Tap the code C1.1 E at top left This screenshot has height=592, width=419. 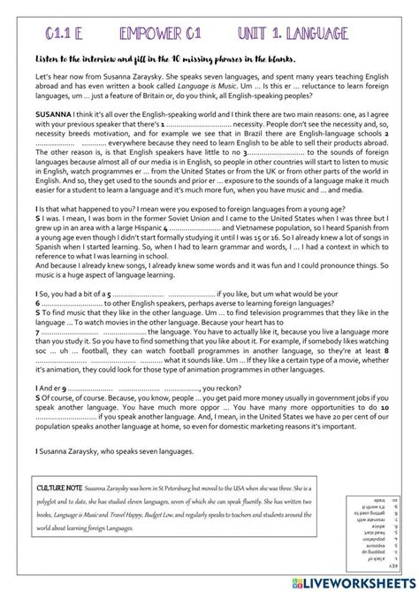[x=62, y=34]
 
